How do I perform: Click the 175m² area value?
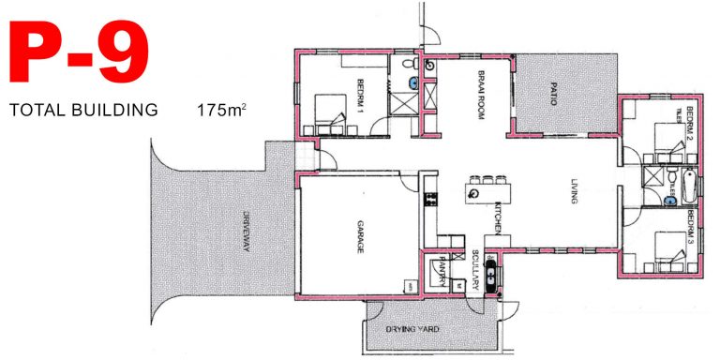click(221, 111)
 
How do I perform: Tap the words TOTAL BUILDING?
click(82, 111)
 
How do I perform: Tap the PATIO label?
click(552, 94)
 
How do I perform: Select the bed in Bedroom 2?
click(665, 140)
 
